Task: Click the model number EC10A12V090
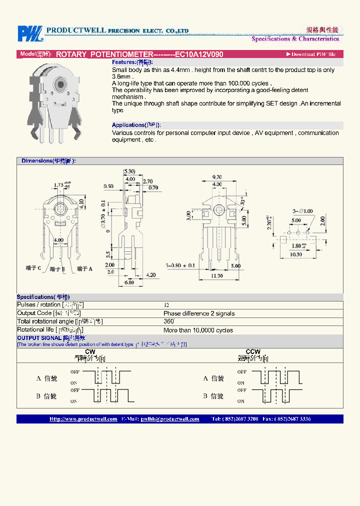[199, 54]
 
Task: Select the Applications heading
[136, 125]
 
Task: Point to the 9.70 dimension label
[216, 177]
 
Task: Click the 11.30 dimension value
[216, 275]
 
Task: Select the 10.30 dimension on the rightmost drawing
[296, 254]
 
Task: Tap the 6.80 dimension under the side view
[128, 282]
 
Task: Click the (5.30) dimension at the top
[129, 172]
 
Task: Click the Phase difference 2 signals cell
[199, 313]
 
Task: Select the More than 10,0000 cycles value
[198, 330]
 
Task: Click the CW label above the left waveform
[90, 352]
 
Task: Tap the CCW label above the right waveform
[253, 352]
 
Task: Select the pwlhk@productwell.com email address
[170, 419]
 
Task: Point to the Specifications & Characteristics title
[295, 39]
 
